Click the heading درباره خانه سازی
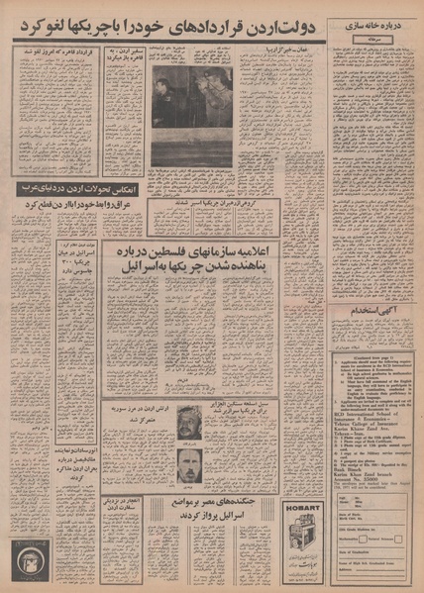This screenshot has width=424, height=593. click(371, 20)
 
